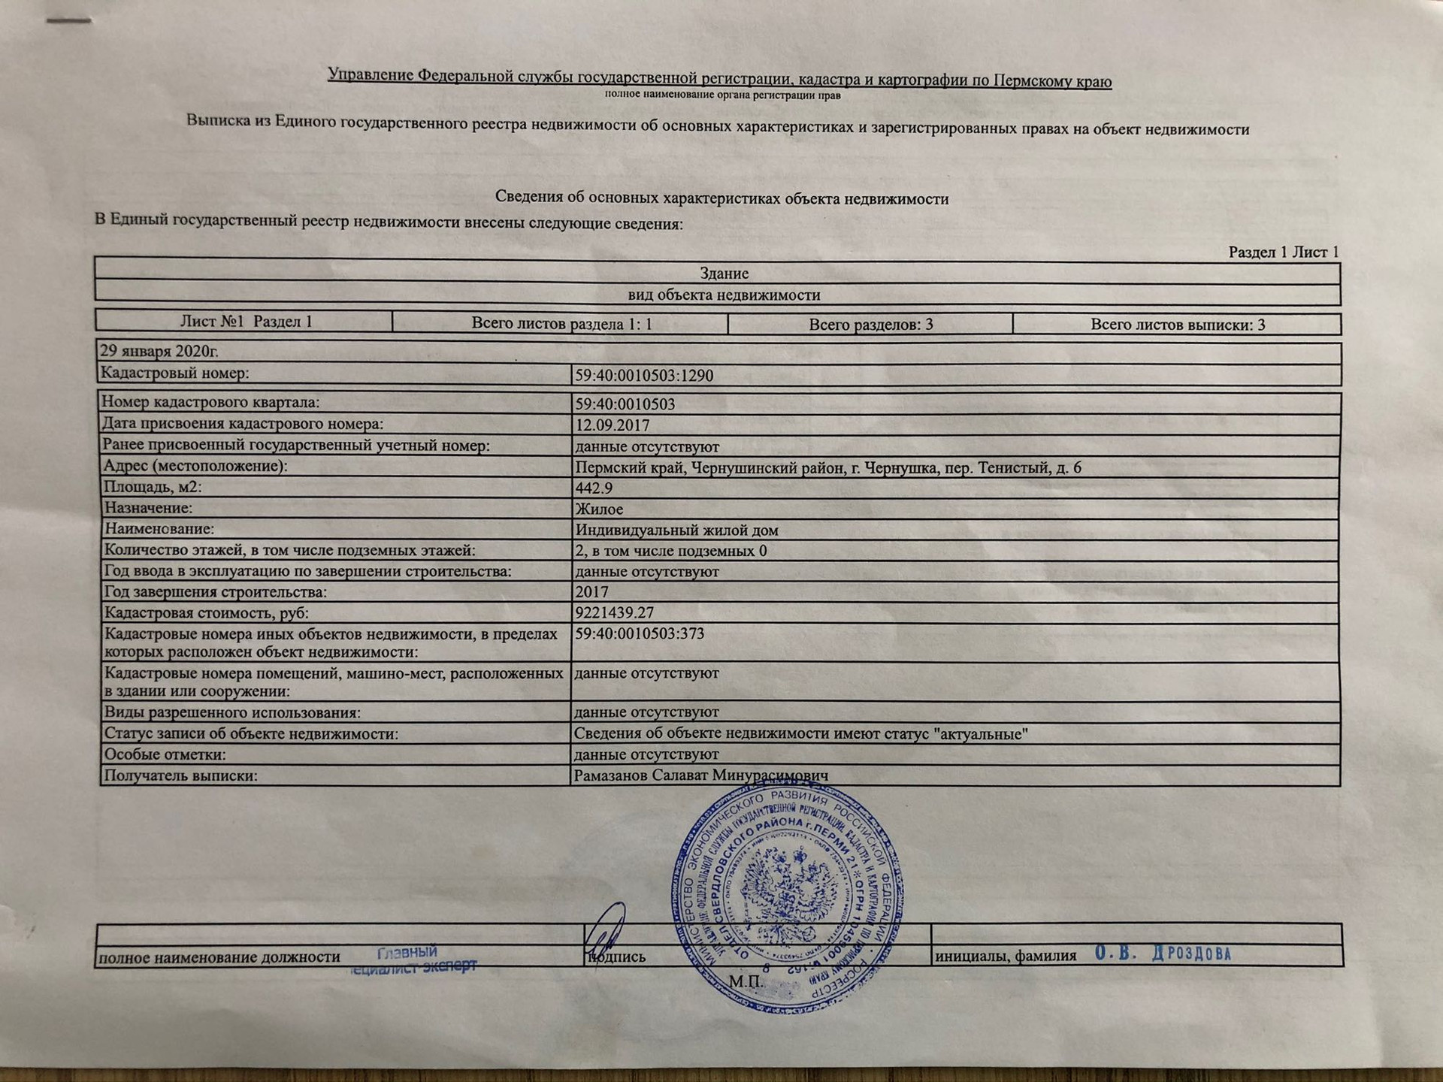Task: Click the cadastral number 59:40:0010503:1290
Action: coord(644,376)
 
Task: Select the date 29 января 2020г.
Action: coord(159,351)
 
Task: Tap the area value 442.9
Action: coord(594,488)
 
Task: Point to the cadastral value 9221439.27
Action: coord(614,612)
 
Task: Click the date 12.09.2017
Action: coord(612,425)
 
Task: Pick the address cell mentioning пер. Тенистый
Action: coord(827,467)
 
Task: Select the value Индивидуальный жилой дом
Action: coord(676,530)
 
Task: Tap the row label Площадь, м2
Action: coord(153,487)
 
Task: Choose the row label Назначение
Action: coord(148,508)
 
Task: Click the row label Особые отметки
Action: coord(165,754)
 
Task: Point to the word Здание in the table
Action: coord(724,274)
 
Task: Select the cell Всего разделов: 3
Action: coord(870,325)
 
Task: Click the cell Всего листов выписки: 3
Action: coord(1177,325)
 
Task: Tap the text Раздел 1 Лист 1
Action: coord(1283,252)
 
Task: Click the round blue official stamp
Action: coord(787,895)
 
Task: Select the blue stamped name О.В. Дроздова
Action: coord(1163,954)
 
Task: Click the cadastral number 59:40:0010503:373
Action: coord(640,633)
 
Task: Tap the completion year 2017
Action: coord(591,592)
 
